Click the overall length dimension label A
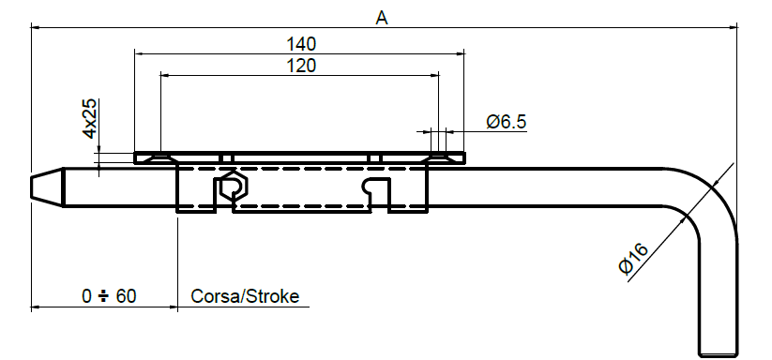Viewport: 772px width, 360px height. pyautogui.click(x=381, y=16)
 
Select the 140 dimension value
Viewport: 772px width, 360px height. pyautogui.click(x=301, y=43)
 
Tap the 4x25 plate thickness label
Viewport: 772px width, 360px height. pyautogui.click(x=89, y=118)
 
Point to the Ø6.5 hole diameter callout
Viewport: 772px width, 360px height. pyautogui.click(x=506, y=122)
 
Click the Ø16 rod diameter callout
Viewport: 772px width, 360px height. pyautogui.click(x=635, y=258)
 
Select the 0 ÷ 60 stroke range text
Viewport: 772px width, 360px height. pyautogui.click(x=109, y=296)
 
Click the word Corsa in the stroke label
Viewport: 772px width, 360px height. pyautogui.click(x=213, y=296)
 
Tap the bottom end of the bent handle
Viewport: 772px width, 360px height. pyautogui.click(x=718, y=352)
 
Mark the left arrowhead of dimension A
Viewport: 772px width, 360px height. pyautogui.click(x=36, y=27)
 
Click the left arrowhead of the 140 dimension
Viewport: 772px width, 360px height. pyautogui.click(x=140, y=53)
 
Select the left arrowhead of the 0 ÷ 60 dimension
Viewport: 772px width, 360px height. pyautogui.click(x=36, y=307)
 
